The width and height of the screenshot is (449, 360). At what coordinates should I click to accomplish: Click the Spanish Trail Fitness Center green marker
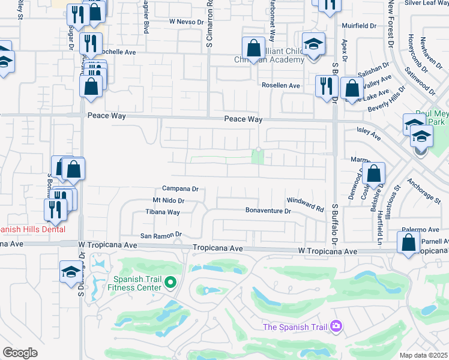pos(170,281)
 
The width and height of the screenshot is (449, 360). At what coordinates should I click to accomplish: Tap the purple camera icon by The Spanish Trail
pos(336,326)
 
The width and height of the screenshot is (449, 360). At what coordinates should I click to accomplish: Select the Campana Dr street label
pos(180,188)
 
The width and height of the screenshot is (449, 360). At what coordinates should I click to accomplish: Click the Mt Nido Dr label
pos(168,200)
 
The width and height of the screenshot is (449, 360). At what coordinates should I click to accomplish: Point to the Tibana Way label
pos(163,212)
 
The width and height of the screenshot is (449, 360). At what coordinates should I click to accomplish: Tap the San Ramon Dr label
pos(161,236)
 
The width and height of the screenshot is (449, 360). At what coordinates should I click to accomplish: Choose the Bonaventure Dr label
pos(268,211)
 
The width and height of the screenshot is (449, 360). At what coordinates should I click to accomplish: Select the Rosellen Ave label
pos(280,85)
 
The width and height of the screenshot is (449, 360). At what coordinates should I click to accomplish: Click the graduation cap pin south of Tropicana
pos(71,271)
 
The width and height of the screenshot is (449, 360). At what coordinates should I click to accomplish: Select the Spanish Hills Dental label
pos(32,229)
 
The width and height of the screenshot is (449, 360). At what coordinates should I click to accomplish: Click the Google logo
pos(20,352)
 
